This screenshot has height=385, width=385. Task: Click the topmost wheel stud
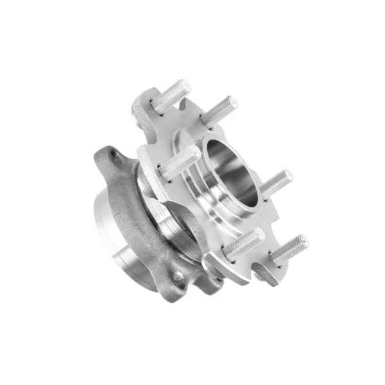coord(171,96)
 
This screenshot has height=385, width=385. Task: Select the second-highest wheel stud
coord(219,111)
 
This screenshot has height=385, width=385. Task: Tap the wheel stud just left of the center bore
coord(180,162)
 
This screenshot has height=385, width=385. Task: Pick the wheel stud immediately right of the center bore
coord(277,183)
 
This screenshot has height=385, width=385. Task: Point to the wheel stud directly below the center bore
coord(243,244)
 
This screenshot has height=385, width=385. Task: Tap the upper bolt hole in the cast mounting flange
coord(116,155)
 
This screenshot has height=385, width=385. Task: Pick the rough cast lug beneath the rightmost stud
coord(269,276)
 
